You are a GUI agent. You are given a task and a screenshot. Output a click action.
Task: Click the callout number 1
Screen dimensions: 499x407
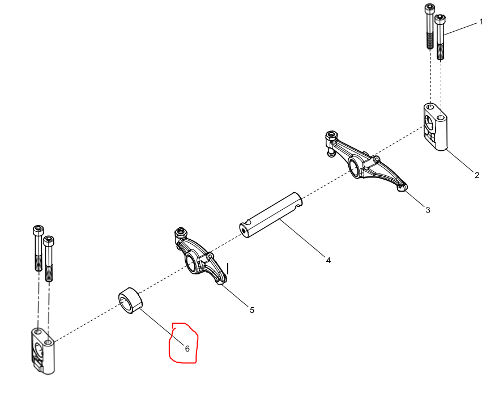(481, 22)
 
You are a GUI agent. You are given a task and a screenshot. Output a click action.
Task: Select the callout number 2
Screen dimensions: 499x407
(477, 175)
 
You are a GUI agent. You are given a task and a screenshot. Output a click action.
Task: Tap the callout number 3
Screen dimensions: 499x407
(428, 210)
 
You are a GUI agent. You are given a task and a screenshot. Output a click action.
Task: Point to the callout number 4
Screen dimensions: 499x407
(329, 260)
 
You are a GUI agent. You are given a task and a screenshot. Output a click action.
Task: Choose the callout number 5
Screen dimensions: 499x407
(252, 310)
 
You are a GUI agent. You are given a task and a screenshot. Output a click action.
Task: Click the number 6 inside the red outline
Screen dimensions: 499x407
(187, 349)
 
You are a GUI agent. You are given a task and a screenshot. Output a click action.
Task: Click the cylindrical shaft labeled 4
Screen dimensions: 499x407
(271, 215)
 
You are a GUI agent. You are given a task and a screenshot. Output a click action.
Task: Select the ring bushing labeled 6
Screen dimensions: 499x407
(130, 300)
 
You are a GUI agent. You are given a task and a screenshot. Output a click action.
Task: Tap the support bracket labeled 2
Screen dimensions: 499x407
(435, 127)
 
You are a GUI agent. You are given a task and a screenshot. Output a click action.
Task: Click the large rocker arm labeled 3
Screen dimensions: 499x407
(365, 161)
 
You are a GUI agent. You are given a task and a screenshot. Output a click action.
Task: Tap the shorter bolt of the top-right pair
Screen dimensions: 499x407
(440, 37)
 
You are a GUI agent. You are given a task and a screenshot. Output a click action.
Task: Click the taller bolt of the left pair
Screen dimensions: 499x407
(38, 248)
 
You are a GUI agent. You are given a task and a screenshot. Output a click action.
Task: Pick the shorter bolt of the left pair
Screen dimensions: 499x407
(48, 258)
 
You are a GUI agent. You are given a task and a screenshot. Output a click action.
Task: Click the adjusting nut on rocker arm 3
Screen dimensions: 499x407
(331, 135)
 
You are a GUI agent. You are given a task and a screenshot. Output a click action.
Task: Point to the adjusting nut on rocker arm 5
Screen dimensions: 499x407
(181, 232)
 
